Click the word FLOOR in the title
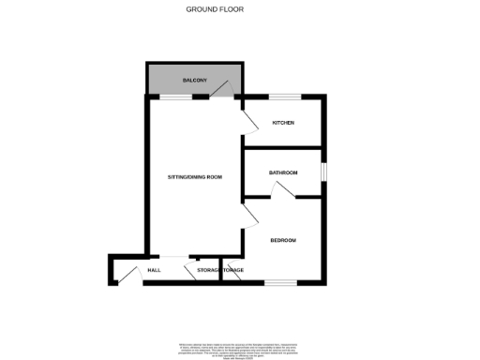coord(256,9)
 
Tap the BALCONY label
coord(195,81)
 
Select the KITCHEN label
coord(283,124)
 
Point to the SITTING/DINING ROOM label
coord(194,177)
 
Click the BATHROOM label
coord(283,172)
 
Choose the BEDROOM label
coord(283,241)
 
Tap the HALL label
coord(154,271)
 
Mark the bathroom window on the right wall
coord(323,172)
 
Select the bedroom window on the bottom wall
coord(279,281)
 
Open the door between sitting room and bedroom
coord(249,217)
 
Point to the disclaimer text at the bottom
coord(239,349)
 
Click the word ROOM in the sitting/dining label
coord(215,177)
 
